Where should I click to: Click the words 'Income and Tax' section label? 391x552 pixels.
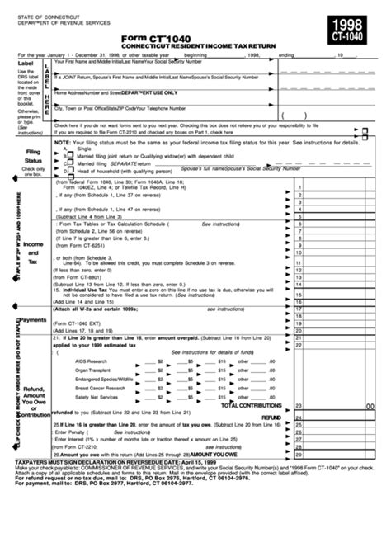pyautogui.click(x=33, y=253)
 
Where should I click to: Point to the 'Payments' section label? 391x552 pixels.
pyautogui.click(x=33, y=319)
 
